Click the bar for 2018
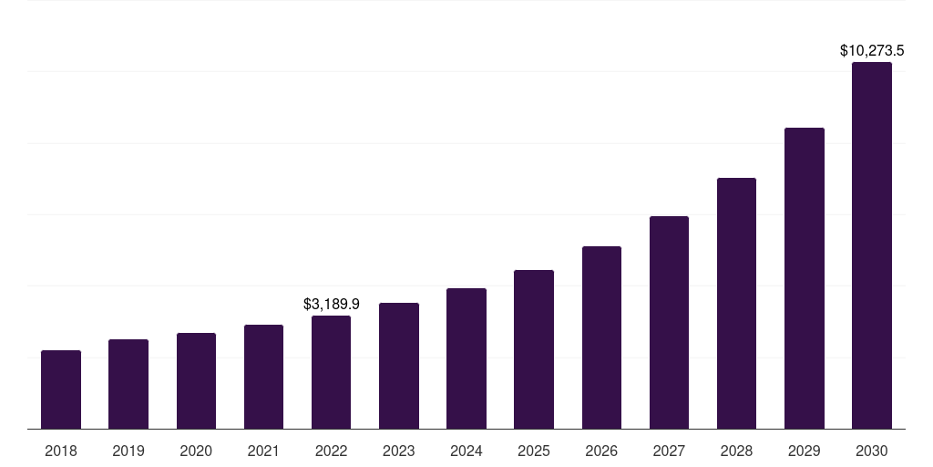61,389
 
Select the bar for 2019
128,384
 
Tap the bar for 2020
196,381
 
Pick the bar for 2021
263,377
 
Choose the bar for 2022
331,372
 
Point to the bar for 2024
466,358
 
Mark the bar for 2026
601,337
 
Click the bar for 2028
736,303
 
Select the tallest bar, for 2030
872,245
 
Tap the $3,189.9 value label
332,304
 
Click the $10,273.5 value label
872,51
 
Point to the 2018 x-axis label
61,451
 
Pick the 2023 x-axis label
399,451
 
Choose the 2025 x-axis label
534,451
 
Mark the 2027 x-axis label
669,451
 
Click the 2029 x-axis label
805,451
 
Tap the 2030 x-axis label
872,451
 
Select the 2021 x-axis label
263,451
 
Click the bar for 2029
805,278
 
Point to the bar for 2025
534,349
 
